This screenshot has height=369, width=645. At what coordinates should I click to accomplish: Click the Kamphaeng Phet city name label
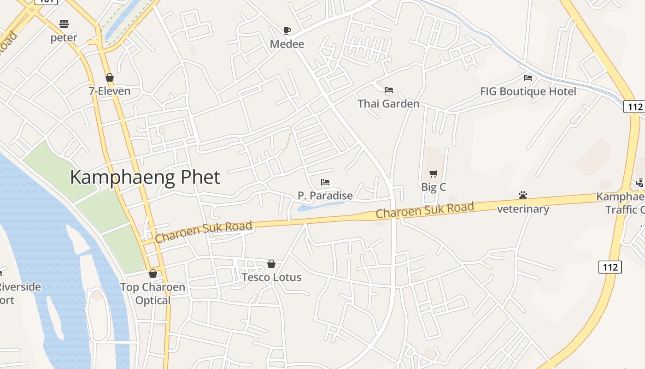(145, 177)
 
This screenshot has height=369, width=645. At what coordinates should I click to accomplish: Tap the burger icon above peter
(64, 24)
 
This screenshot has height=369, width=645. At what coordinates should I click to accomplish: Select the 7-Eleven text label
(110, 91)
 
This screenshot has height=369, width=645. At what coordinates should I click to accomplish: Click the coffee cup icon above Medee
(287, 31)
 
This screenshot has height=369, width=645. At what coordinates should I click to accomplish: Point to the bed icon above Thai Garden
(389, 89)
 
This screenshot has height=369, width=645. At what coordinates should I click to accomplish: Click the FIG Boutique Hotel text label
(528, 91)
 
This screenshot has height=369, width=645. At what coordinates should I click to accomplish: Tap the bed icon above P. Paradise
(325, 182)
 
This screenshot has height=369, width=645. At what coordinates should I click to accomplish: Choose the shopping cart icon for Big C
(433, 174)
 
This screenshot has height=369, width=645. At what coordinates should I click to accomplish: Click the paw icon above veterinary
(522, 195)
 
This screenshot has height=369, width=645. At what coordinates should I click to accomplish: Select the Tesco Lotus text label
(272, 277)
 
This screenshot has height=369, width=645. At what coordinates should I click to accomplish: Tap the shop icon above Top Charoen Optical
(153, 274)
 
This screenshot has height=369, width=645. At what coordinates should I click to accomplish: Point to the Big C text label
(434, 187)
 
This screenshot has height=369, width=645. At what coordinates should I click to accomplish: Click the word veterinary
(523, 209)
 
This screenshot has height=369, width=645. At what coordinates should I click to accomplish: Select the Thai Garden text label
(388, 103)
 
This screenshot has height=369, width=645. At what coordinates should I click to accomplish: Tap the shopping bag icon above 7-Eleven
(110, 77)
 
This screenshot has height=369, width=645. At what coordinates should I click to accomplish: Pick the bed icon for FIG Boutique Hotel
(528, 78)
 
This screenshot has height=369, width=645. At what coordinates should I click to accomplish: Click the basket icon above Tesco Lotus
(271, 264)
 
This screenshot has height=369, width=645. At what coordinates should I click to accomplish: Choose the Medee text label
(287, 44)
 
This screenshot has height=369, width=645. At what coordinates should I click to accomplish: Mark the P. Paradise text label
(325, 196)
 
